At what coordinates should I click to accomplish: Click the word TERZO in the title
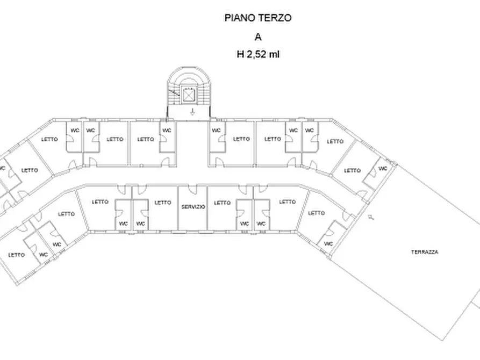pos(277,18)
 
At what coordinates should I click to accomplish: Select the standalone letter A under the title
pos(258,37)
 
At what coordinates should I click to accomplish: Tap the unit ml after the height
pos(274,54)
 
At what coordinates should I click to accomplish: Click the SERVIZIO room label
pos(193,206)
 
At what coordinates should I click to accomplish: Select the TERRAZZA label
pos(425,252)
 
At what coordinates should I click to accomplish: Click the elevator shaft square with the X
pos(189,95)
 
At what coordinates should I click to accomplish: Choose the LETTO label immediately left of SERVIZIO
pos(163,203)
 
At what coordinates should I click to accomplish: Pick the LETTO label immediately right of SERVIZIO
pos(222,203)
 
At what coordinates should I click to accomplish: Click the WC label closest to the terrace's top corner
pos(383,168)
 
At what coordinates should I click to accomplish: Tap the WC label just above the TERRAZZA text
pos(329,243)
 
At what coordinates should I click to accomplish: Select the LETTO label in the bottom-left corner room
pos(17,255)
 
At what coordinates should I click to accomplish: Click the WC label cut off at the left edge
pos(2,168)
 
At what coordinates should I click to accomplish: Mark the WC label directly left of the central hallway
pos(167,130)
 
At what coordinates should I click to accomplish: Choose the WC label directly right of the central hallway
pos(216,130)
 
